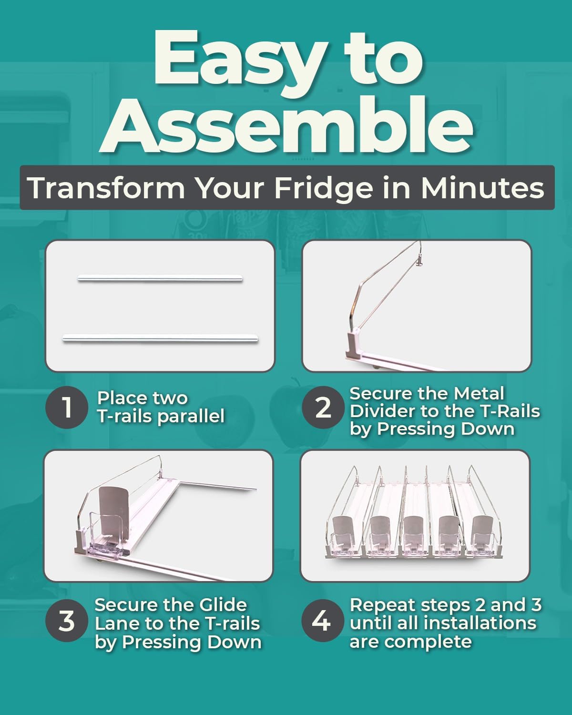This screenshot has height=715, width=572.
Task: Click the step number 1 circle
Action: tap(67, 408)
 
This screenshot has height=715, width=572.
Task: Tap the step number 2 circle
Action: tap(323, 408)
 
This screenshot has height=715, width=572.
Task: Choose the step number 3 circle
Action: tap(67, 621)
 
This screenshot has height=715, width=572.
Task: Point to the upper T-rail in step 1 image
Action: tap(160, 279)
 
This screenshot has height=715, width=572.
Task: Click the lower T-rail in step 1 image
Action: tap(160, 338)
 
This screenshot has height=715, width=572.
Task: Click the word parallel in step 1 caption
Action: tap(191, 416)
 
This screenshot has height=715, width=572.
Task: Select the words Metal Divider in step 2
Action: tap(427, 402)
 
